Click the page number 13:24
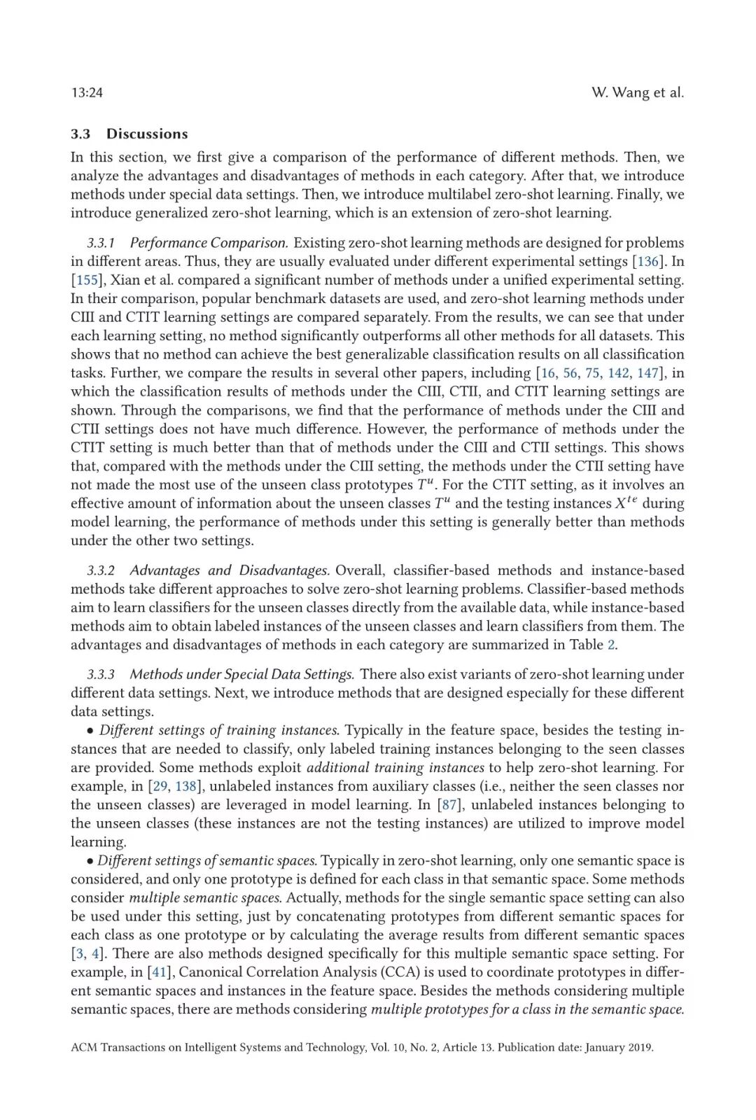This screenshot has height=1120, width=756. click(x=87, y=92)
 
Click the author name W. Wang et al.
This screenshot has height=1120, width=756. click(x=637, y=92)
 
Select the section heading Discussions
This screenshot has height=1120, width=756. click(x=147, y=134)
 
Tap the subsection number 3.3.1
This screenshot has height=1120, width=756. click(x=101, y=243)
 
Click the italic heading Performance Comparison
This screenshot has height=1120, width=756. click(x=209, y=243)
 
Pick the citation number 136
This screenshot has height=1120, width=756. click(x=647, y=261)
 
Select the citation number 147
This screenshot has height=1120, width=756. click(x=647, y=373)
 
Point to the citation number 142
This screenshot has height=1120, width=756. click(x=618, y=373)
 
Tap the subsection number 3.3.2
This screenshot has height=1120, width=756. click(x=101, y=570)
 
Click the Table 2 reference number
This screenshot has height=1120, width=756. click(x=611, y=645)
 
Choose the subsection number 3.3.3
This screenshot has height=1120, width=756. click(x=101, y=674)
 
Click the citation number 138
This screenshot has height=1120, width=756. click(x=185, y=786)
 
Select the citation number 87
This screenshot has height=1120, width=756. click(x=448, y=805)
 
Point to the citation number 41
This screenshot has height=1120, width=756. click(x=160, y=972)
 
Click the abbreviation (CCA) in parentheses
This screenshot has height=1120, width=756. click(x=398, y=972)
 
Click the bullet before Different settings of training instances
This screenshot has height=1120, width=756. click(x=91, y=731)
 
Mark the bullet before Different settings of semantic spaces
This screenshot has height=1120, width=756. click(x=90, y=861)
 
